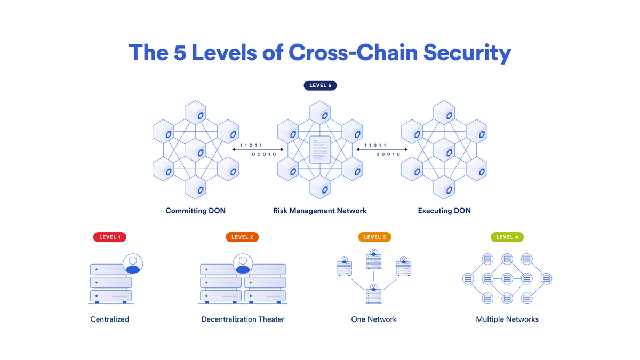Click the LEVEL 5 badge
click(x=320, y=85)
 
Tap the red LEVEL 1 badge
click(x=110, y=237)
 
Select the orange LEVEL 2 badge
click(x=242, y=237)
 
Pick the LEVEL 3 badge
click(x=375, y=237)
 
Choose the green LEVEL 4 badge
click(x=507, y=237)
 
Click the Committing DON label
click(x=195, y=211)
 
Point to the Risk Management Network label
click(x=320, y=211)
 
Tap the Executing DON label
click(x=444, y=211)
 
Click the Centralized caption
click(x=110, y=319)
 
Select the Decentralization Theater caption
click(x=243, y=319)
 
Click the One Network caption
click(x=374, y=319)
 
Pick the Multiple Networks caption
click(x=507, y=319)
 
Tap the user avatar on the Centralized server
click(x=133, y=263)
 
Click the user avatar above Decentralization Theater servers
click(x=243, y=263)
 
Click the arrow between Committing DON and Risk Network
click(x=258, y=150)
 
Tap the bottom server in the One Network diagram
click(x=374, y=295)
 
